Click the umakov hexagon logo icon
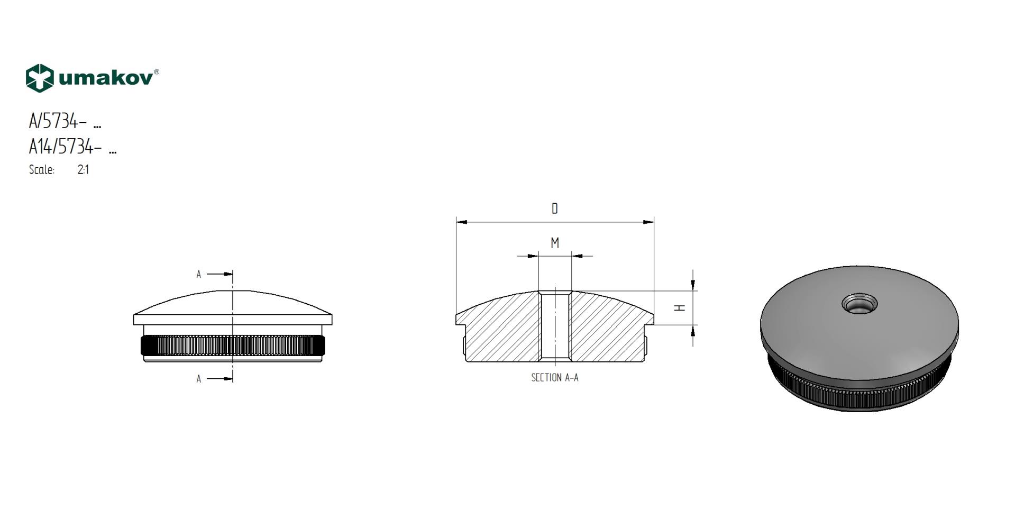40,78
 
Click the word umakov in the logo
105,78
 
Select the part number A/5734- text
58,121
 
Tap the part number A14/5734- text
65,146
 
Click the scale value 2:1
83,170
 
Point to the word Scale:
42,170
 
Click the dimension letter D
555,208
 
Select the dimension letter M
555,243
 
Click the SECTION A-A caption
555,378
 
